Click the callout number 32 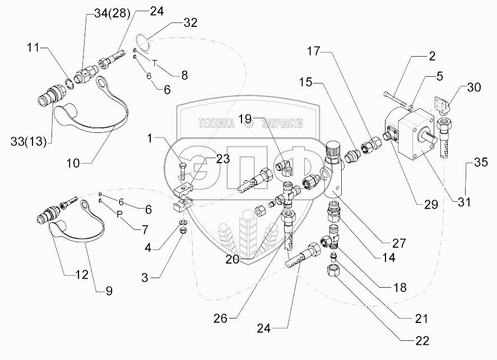click(x=191, y=23)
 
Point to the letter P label click(x=119, y=214)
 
